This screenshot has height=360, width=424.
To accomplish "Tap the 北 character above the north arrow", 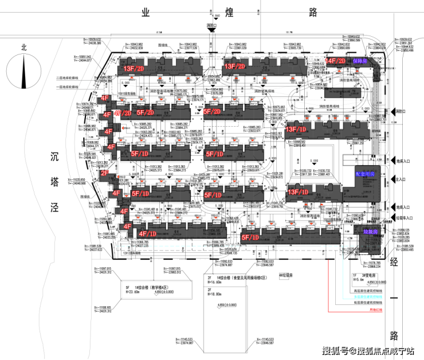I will coord(23,48).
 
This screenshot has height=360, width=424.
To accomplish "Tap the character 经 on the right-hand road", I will coord(394,263).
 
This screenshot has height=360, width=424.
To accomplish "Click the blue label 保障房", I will coord(362,61).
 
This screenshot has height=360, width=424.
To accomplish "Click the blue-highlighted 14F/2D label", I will coord(336,61).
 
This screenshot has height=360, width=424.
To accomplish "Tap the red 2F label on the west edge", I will coord(105,173).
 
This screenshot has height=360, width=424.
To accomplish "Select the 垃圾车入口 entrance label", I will coord(400,218).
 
